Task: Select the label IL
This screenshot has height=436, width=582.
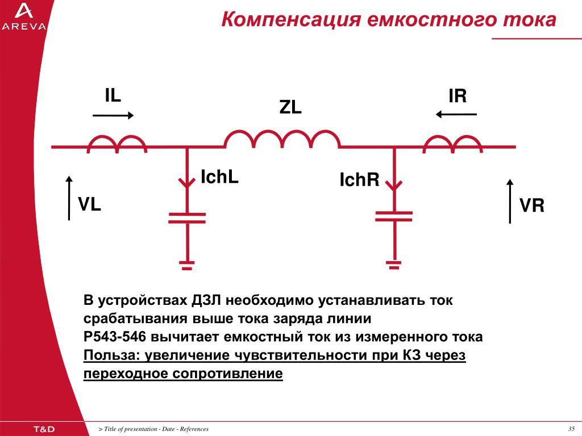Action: pos(113,95)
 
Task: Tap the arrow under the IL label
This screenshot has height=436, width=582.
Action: pos(113,116)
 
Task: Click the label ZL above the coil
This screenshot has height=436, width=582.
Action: pos(290,107)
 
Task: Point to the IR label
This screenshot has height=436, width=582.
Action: pos(458,96)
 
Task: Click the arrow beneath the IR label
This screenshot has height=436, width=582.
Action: pos(456,114)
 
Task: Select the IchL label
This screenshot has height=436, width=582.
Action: pos(219,177)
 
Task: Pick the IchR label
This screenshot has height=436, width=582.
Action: pos(359,179)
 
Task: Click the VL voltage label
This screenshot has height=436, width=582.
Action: pos(89,204)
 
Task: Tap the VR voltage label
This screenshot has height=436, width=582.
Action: pos(532,206)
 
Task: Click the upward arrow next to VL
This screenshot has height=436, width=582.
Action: pos(69,198)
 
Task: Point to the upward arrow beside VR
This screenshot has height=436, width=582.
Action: pos(510,202)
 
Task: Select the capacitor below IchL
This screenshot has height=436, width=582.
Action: pos(187,218)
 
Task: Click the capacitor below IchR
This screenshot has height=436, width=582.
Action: pos(394,216)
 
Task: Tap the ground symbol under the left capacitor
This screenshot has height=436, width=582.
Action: pos(187,266)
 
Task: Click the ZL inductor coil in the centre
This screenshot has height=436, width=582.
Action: pos(282,140)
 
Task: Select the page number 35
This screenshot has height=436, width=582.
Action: pos(571,429)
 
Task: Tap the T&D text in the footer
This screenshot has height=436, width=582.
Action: pos(44,429)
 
